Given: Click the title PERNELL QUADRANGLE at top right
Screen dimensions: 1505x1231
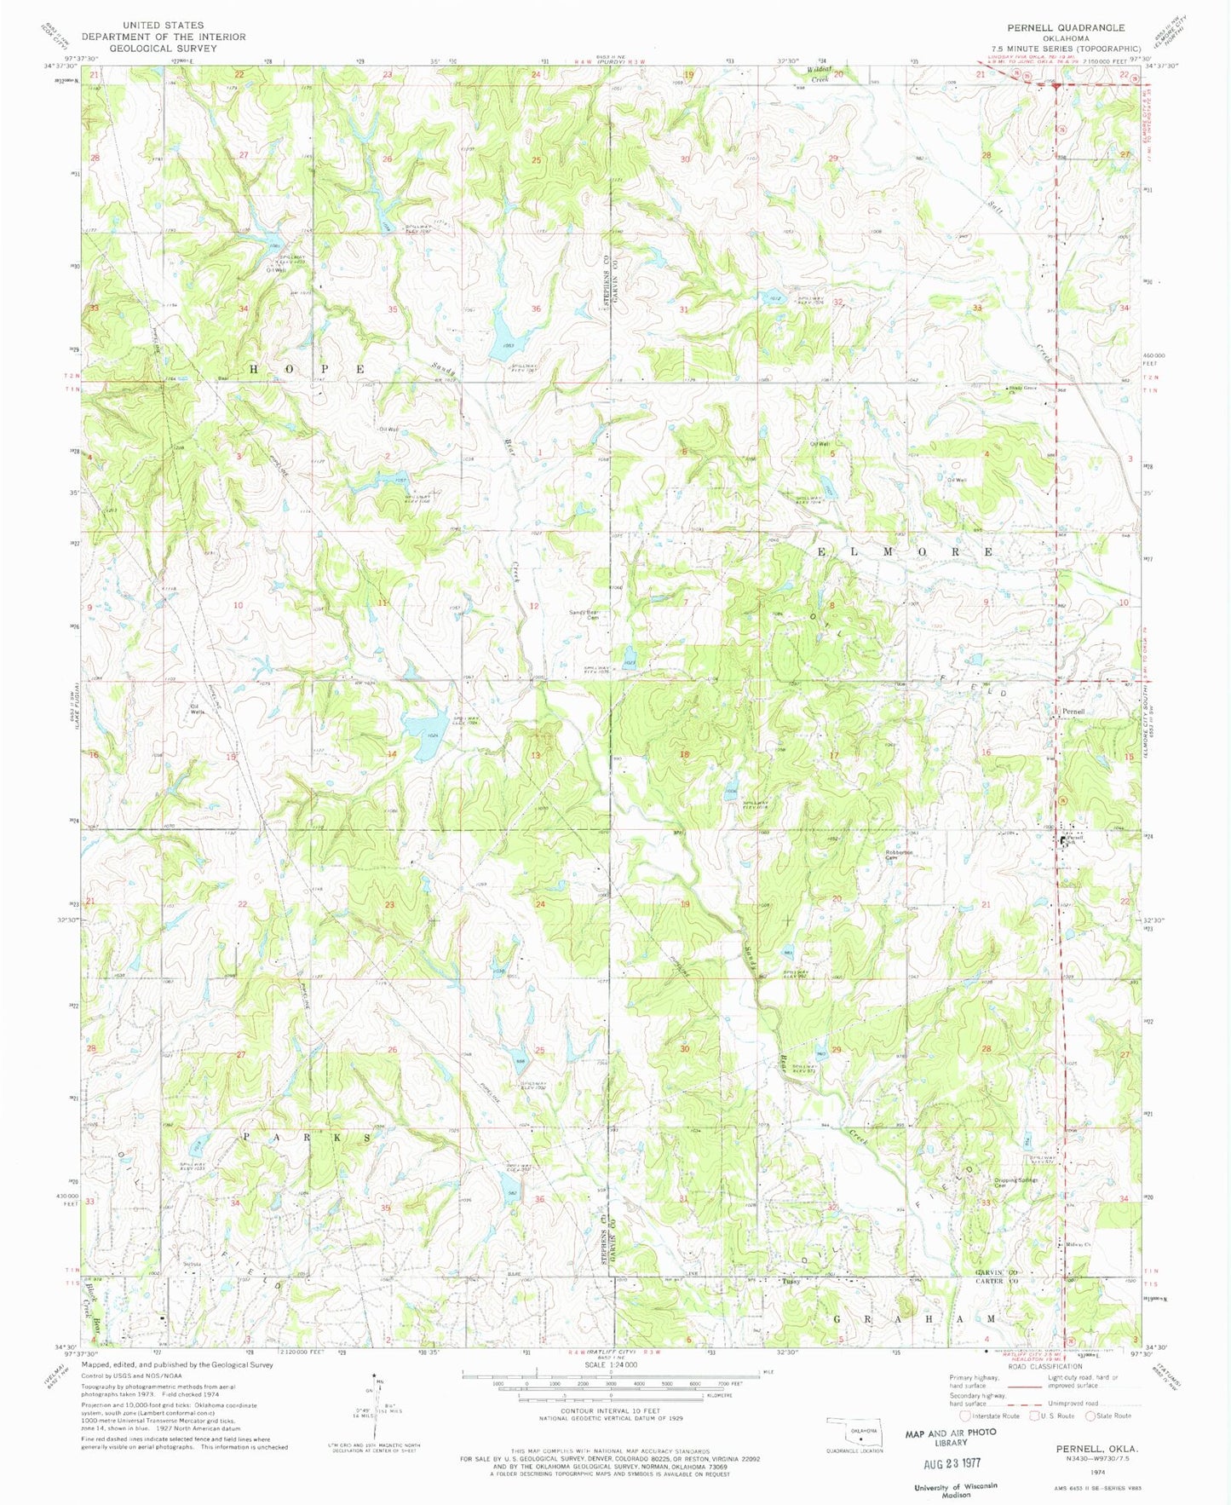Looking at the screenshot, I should coord(1078,28).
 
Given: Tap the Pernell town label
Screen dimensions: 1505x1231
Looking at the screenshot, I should coord(1073,711).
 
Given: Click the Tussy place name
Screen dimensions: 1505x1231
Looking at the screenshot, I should coord(791,1280).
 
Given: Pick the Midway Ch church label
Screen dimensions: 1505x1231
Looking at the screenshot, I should coord(1079,1244).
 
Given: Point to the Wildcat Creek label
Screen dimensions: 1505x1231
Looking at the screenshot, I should coord(820,73).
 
